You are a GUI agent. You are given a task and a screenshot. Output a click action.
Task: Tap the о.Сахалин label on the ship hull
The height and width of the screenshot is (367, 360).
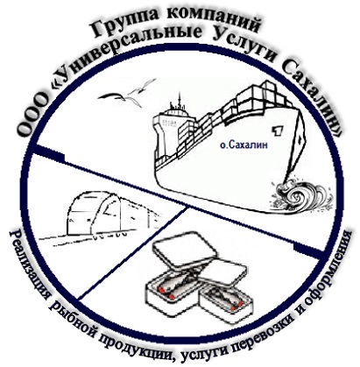point(244,145)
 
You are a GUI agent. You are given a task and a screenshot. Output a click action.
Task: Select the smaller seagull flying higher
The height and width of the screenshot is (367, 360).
point(141,89)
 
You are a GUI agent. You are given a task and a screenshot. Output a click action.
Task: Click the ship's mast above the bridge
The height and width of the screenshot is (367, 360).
point(179,100)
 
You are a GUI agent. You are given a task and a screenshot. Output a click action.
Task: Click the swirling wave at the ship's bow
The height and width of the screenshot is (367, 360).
point(301,194)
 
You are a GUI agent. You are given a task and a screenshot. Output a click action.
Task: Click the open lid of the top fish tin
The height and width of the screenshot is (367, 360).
point(186,246)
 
